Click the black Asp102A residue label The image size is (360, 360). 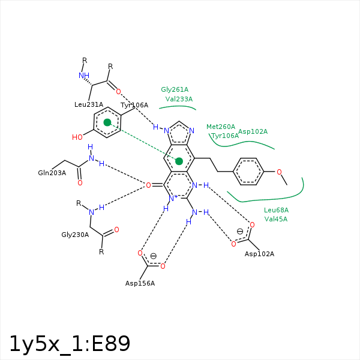point(259,254)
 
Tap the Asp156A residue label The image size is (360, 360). point(140,283)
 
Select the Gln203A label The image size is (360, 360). point(52,173)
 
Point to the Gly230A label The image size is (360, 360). point(75,235)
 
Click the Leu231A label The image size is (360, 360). point(89,104)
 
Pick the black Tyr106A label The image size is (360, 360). point(134,105)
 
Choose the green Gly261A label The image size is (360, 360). point(175,89)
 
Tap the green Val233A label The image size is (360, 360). point(179,99)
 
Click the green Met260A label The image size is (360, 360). point(221,127)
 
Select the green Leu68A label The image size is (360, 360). point(276,210)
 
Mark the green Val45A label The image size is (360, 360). point(276,219)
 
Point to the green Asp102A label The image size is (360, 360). point(253,131)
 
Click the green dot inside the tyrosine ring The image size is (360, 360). point(107,122)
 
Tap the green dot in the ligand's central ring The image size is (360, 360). point(179,161)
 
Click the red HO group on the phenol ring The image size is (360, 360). point(77,137)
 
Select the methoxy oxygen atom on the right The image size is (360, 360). point(279,172)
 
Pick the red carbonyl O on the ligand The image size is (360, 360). point(148,185)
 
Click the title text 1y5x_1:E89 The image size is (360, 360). point(70,343)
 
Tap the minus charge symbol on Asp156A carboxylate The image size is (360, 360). point(153,256)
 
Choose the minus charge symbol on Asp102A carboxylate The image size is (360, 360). point(240,231)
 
